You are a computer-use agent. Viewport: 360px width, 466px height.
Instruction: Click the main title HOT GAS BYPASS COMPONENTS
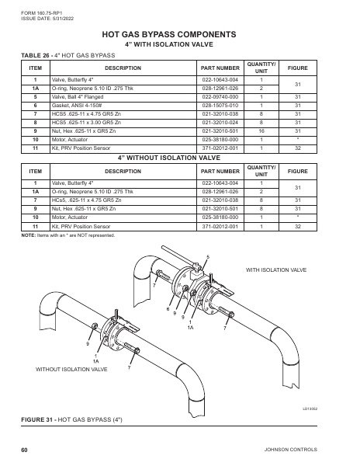click(x=180, y=35)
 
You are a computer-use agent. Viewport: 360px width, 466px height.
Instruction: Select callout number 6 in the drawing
click(x=167, y=309)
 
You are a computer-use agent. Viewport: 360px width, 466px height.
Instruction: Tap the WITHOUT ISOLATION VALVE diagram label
click(x=71, y=370)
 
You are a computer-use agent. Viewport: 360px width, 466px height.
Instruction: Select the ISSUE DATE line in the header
click(x=44, y=18)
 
